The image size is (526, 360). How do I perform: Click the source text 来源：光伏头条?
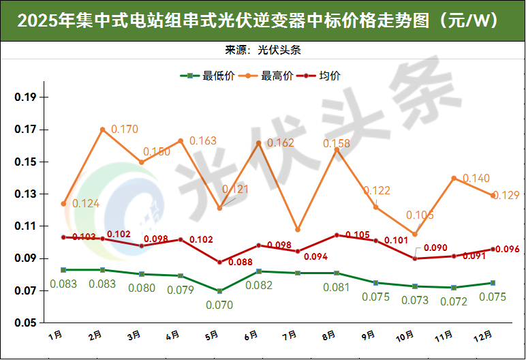point(262,50)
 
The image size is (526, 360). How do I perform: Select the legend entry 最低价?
point(212,76)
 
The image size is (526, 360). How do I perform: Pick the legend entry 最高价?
point(270,76)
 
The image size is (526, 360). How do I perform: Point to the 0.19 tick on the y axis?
point(27,97)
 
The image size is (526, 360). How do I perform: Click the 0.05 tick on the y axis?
point(27,323)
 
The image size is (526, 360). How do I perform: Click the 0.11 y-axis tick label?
point(27,226)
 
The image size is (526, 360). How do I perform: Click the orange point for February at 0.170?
point(103,130)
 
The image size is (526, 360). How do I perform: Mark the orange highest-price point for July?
point(298,230)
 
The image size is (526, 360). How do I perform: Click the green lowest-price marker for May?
point(219,291)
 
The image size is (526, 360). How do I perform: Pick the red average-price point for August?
point(337,235)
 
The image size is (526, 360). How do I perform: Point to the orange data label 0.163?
point(202,141)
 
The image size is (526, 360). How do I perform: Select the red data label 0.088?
point(240,264)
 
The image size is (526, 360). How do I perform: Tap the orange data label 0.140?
point(476,178)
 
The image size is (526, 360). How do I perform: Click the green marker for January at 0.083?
point(63,270)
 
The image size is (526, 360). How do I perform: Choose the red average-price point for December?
point(493,249)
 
